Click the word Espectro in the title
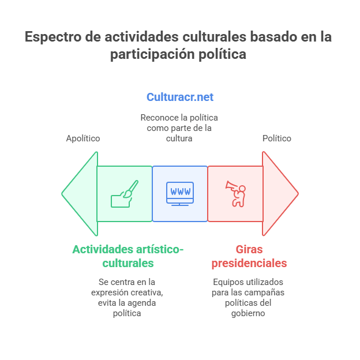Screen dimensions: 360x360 tap(53, 37)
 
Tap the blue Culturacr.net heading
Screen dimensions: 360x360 tap(180, 97)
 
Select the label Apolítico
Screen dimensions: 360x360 tap(83, 138)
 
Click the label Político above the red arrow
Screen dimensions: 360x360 tap(277, 138)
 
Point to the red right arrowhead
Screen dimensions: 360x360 tap(280, 193)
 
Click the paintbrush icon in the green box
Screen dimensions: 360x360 tap(125, 194)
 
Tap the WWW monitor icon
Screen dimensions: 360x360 tap(180, 194)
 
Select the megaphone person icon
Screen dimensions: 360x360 tap(235, 194)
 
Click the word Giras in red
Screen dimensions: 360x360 tap(249, 249)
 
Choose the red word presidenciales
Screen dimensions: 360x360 tap(249, 263)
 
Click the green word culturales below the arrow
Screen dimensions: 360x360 tap(128, 263)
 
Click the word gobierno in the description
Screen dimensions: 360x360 tap(248, 313)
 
